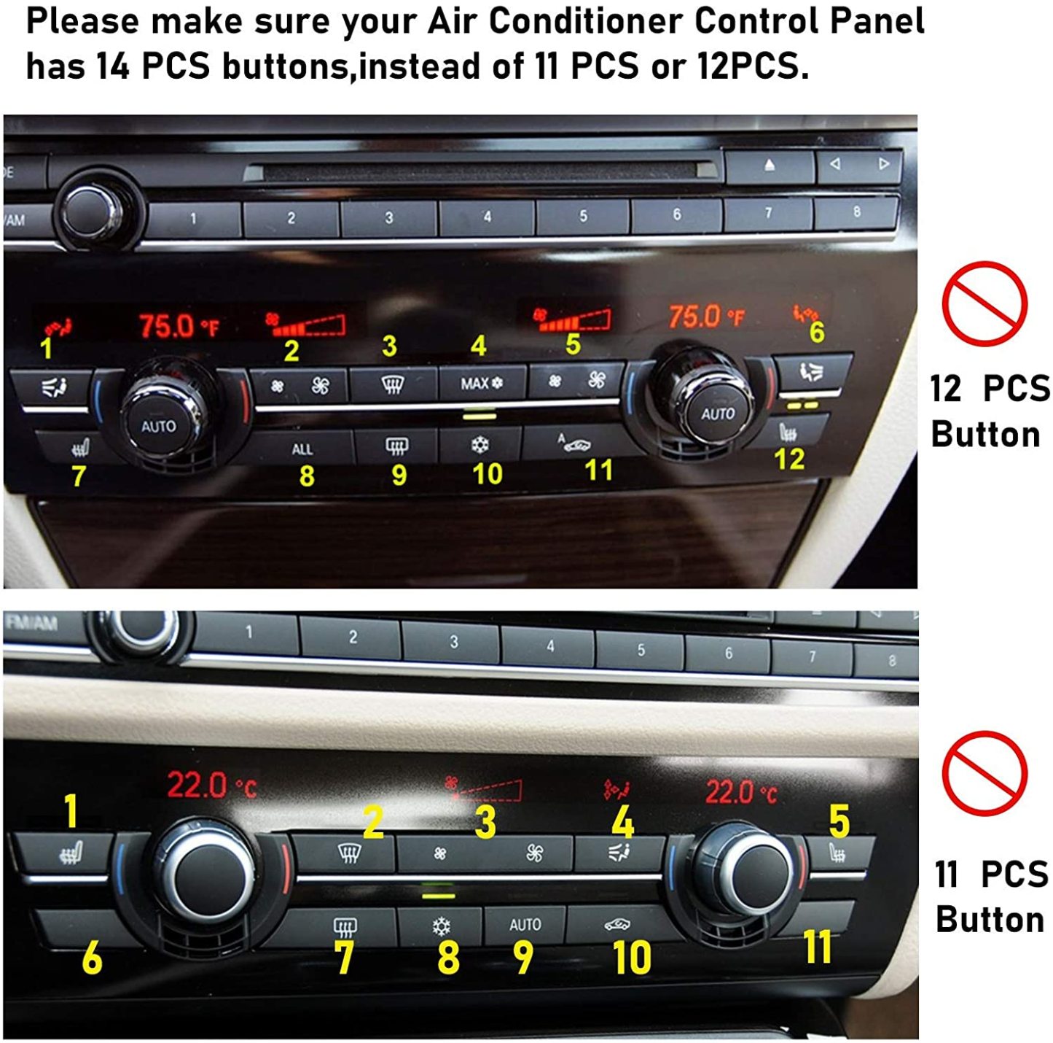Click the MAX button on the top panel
[481, 383]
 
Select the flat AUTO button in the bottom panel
[525, 925]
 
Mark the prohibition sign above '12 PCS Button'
[984, 303]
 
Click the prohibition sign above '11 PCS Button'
[984, 773]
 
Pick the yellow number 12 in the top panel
[789, 460]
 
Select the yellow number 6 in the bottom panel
[92, 958]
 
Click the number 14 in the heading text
[112, 66]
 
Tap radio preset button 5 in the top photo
[582, 216]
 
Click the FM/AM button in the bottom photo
[32, 623]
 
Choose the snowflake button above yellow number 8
[441, 926]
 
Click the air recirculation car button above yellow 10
[617, 925]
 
